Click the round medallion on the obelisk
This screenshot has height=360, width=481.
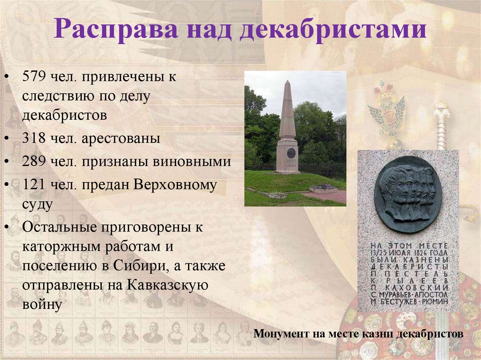(291, 153)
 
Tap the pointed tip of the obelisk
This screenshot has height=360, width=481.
(287, 83)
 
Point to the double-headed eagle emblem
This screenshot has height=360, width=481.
(387, 113)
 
